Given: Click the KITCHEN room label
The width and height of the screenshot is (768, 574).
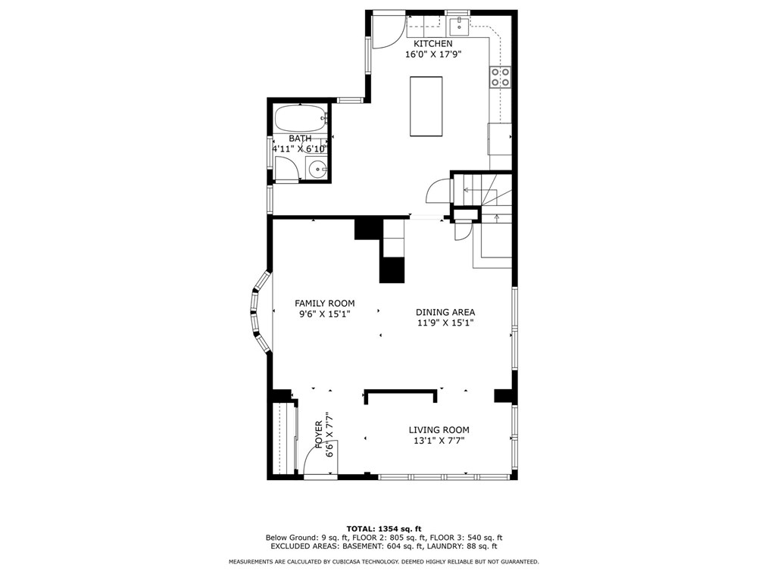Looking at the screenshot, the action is [433, 44].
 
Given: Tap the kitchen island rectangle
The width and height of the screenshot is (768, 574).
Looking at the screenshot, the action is [426, 106].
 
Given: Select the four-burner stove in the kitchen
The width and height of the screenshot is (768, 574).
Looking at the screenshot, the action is [500, 77].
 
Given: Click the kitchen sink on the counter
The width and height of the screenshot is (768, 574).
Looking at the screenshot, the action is [460, 27].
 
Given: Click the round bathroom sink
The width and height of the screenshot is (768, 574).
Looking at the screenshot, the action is [318, 170].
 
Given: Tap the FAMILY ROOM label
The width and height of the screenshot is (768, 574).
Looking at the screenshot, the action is [325, 303].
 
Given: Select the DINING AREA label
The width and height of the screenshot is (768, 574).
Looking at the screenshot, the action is [445, 312].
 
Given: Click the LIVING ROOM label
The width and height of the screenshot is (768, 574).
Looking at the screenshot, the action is [439, 429].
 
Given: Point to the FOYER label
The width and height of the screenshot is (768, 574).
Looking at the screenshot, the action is [319, 435].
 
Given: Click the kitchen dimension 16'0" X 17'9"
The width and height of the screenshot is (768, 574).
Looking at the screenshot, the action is [433, 55].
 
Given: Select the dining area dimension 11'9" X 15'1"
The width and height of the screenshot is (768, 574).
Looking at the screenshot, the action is [445, 323].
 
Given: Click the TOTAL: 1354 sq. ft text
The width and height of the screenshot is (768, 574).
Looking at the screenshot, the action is [384, 529].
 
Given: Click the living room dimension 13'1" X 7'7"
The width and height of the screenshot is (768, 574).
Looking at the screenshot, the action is [439, 440].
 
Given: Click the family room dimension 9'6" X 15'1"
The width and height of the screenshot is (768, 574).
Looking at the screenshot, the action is [325, 314].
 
